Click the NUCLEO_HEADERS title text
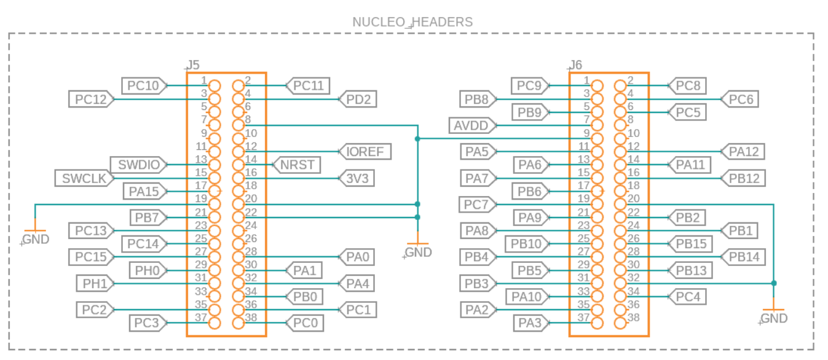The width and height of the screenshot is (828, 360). point(412,22)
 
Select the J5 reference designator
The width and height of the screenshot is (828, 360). point(193,65)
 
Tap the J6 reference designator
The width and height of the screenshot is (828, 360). point(575,65)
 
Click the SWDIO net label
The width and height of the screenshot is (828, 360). point(139,165)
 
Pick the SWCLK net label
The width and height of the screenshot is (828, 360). point(84,178)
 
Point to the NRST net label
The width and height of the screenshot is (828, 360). point(297,165)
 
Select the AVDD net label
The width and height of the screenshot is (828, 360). point(471,125)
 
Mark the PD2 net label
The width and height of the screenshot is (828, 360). point(358,99)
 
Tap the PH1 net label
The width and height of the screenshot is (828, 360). point(94,283)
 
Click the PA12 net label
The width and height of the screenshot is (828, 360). point(743,151)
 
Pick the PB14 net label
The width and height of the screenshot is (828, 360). point(743,257)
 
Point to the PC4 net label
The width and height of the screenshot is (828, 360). point(687,297)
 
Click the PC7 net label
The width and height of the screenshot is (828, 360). point(477,204)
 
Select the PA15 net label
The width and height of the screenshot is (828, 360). point(144,191)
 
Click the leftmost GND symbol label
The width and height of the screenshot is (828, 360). point(36,240)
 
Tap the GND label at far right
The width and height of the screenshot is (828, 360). point(774,318)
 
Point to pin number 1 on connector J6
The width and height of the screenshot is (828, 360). point(586,80)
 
